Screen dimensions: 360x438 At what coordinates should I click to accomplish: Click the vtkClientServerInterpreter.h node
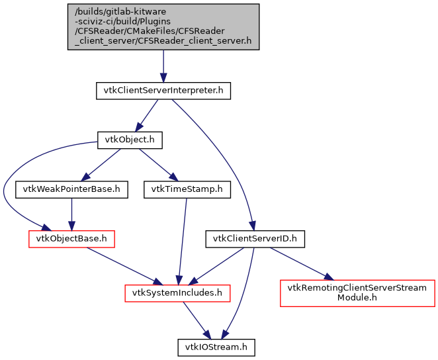click(x=163, y=91)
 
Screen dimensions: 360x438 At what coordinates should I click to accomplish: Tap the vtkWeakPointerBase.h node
click(x=71, y=189)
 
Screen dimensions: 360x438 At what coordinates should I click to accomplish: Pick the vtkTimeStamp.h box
click(x=187, y=189)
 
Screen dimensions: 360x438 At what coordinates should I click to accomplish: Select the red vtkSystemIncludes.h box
click(x=178, y=292)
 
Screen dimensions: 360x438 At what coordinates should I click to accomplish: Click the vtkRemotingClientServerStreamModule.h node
click(x=357, y=292)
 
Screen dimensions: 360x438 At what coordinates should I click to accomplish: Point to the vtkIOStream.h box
click(x=216, y=345)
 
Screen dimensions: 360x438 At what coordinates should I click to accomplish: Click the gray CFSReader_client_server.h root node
click(x=163, y=26)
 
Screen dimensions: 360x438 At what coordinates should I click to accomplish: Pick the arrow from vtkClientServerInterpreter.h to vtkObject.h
click(x=147, y=115)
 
